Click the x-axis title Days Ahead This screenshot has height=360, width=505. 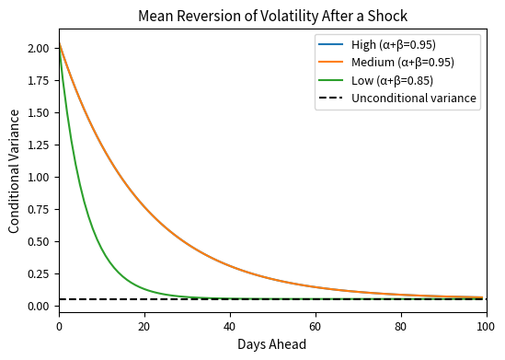(x=272, y=344)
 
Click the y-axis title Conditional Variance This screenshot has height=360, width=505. (x=15, y=170)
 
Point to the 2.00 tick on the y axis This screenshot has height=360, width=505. (x=39, y=48)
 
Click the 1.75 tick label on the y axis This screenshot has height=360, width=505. (x=39, y=80)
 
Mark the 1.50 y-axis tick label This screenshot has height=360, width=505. (x=39, y=112)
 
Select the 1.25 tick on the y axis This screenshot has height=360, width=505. (x=39, y=145)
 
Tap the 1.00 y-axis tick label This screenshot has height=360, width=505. (x=39, y=177)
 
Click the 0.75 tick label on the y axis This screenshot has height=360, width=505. (x=39, y=209)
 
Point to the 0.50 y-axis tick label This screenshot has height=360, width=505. (x=39, y=241)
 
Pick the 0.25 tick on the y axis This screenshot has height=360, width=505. (x=39, y=273)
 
